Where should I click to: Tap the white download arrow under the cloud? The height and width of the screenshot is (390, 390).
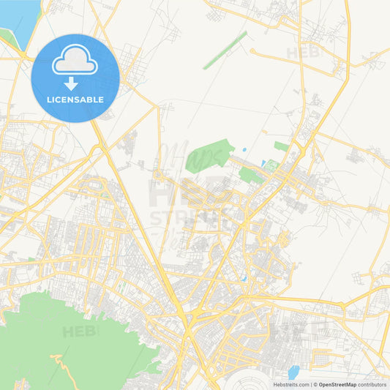71,83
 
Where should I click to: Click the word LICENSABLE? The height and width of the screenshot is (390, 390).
75,100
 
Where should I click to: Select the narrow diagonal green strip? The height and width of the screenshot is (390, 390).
225,50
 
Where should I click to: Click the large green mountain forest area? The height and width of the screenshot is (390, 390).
66,337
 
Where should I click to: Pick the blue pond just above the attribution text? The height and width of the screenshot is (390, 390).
293,372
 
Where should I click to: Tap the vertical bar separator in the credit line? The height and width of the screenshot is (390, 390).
311,384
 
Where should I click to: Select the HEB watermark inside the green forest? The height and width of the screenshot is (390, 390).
80,331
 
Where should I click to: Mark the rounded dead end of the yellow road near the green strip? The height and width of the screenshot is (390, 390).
252,51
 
